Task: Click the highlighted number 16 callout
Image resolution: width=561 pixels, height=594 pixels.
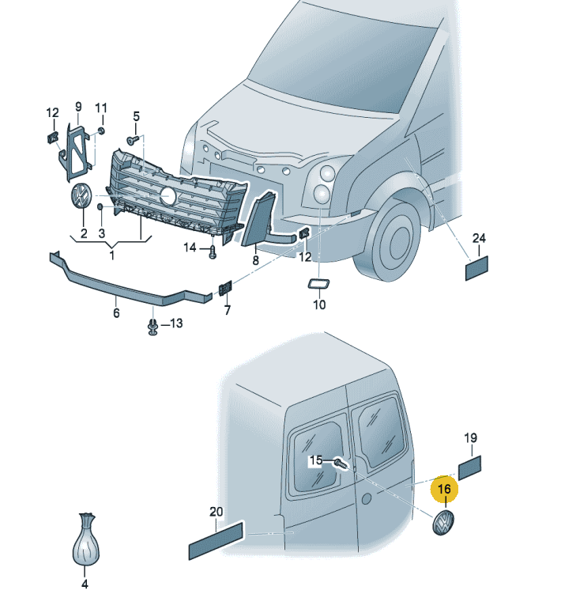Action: click(x=444, y=490)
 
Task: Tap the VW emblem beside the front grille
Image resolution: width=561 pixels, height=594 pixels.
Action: click(x=81, y=197)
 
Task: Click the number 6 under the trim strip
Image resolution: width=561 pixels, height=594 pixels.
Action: click(x=116, y=313)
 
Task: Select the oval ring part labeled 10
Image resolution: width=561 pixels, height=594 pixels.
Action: click(x=319, y=284)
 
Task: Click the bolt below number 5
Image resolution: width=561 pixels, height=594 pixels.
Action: click(x=133, y=139)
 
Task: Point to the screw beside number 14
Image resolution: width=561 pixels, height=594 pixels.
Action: click(x=213, y=252)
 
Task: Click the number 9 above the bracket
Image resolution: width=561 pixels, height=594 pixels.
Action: click(x=78, y=106)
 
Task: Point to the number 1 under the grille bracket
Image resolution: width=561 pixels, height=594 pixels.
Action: click(x=111, y=255)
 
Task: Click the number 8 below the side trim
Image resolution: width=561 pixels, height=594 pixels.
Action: click(x=256, y=259)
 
